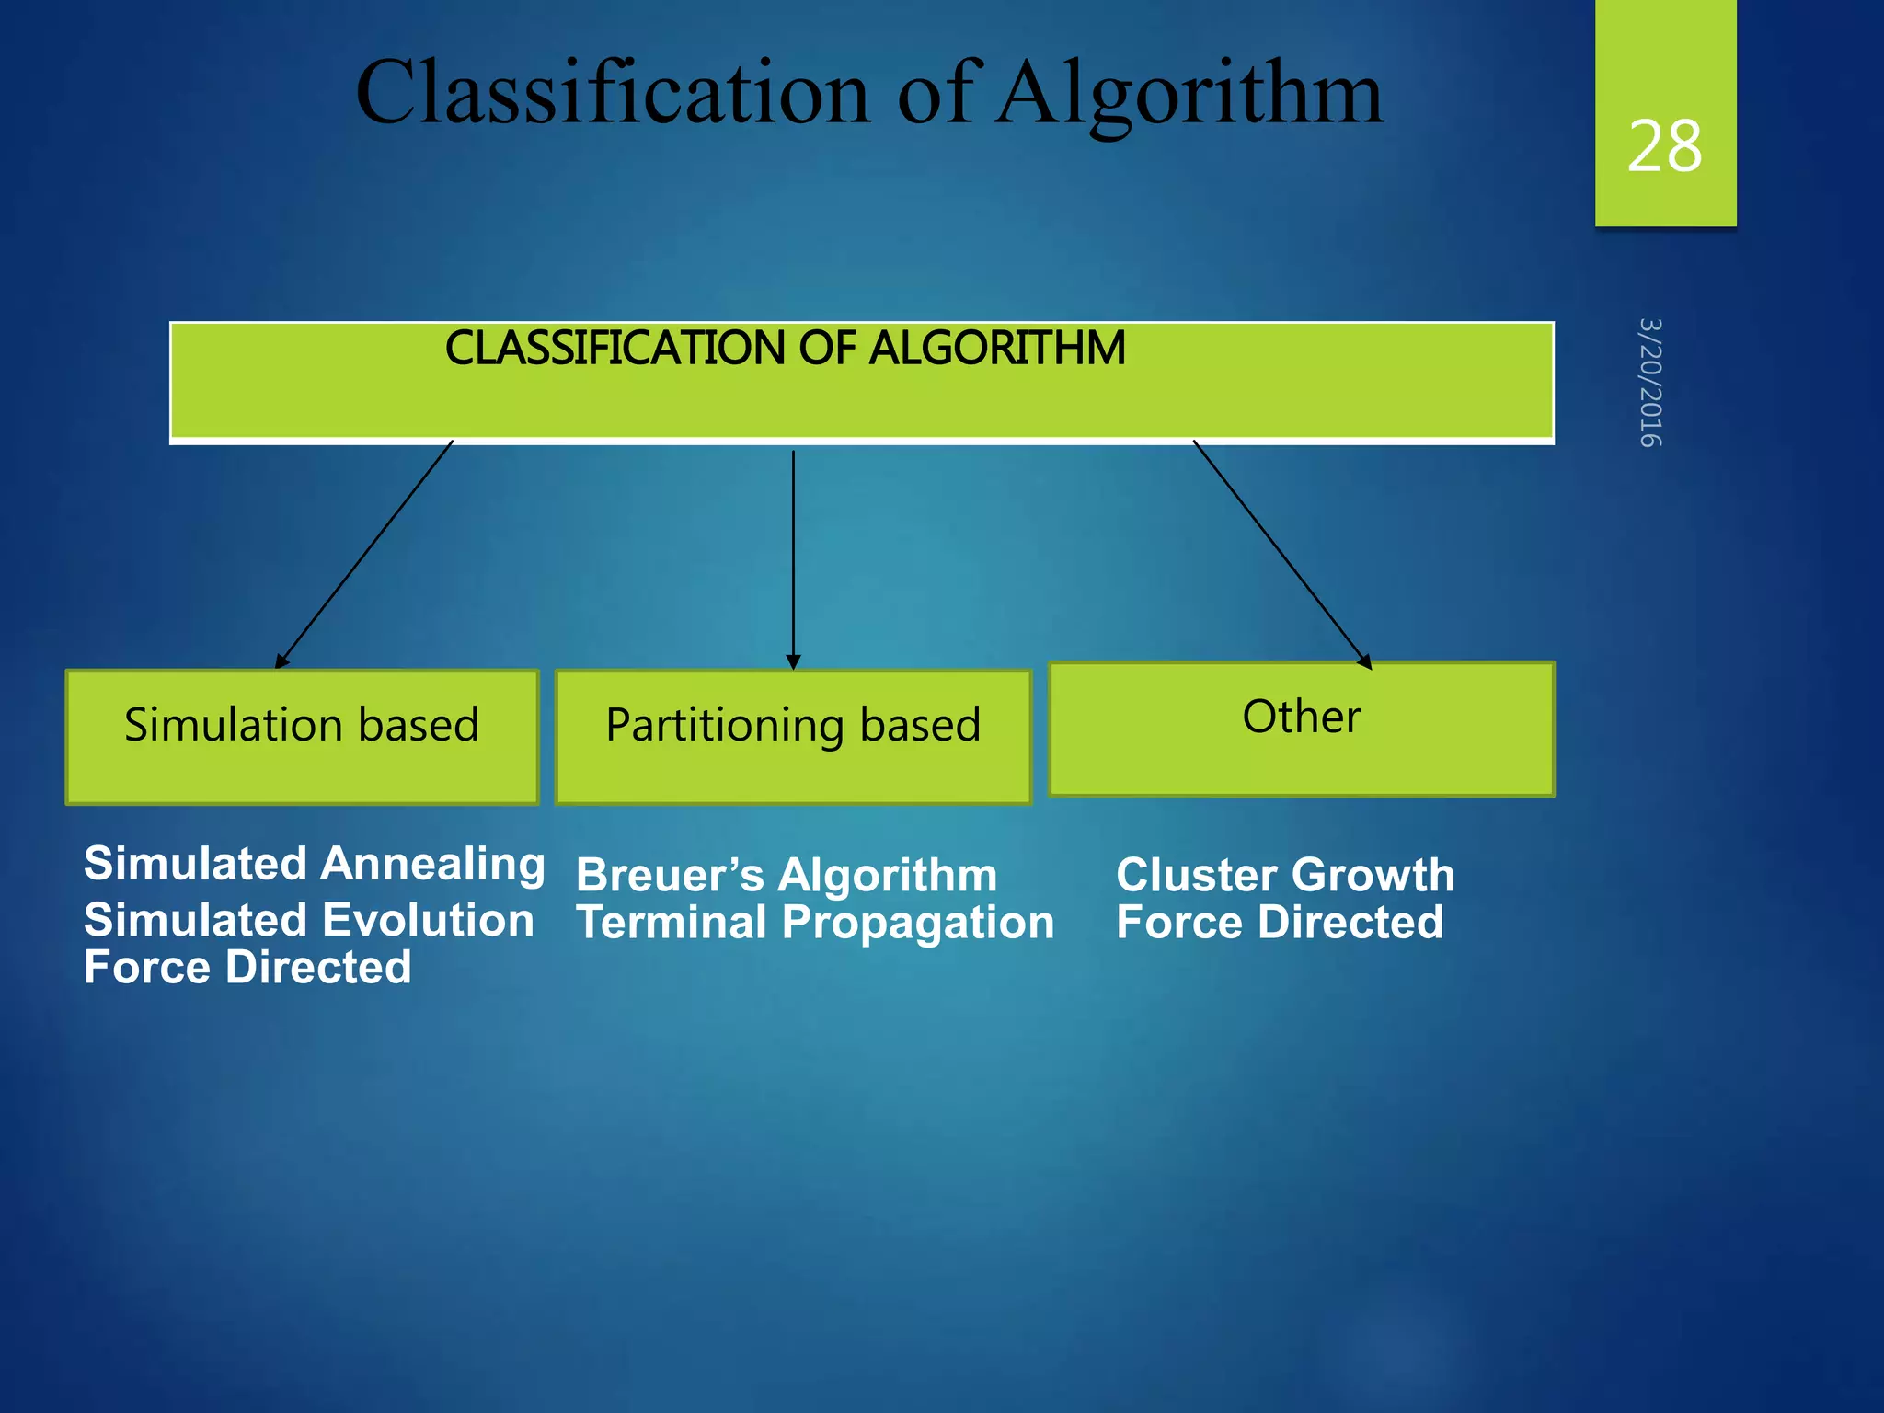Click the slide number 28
[x=1664, y=147]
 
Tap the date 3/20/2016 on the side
[x=1650, y=383]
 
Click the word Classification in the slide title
[x=612, y=94]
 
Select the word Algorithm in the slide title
[x=1190, y=94]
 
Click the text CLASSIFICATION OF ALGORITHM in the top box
[x=785, y=349]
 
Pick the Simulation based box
[x=302, y=736]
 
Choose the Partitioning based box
[x=793, y=736]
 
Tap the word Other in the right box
[x=1301, y=717]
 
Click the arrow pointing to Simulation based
[x=365, y=554]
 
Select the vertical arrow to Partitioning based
[x=793, y=557]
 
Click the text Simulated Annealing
[x=314, y=865]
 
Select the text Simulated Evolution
[x=309, y=920]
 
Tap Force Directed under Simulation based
[x=247, y=968]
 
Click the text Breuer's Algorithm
[x=787, y=875]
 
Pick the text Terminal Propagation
[x=814, y=923]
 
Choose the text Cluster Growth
[x=1285, y=875]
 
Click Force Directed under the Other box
[x=1280, y=923]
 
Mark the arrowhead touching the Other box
[x=1365, y=661]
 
